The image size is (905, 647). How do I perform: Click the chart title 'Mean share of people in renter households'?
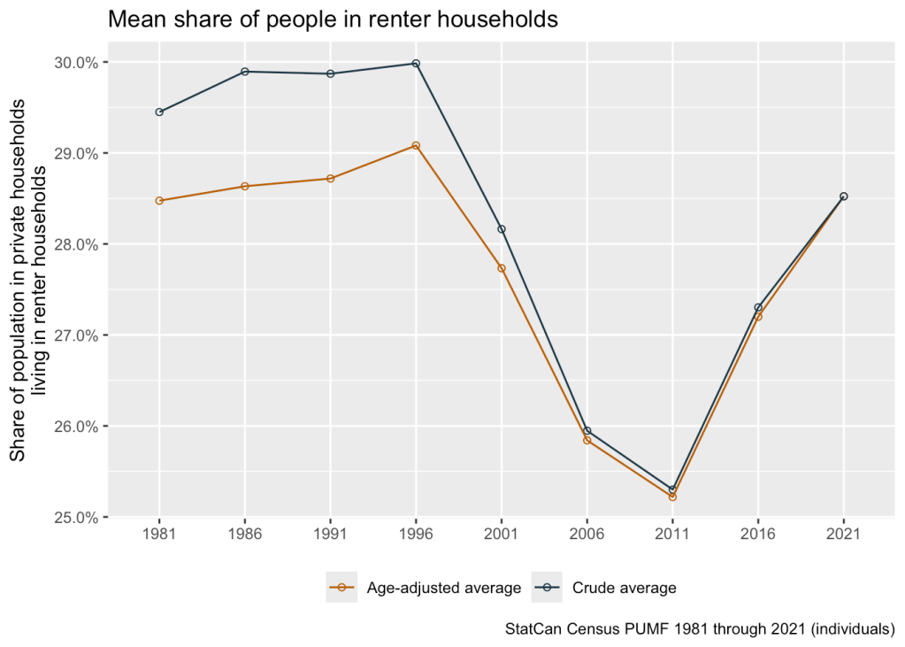tap(333, 19)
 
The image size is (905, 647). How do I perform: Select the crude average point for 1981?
tap(159, 112)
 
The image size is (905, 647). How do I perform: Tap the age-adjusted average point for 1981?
tap(159, 201)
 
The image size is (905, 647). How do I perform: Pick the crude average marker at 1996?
tap(416, 64)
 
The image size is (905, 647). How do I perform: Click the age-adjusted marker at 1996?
tap(416, 145)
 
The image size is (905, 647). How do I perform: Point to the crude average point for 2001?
tap(502, 229)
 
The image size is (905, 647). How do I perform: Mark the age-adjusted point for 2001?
tap(502, 268)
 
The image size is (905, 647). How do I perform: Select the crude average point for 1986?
tap(245, 72)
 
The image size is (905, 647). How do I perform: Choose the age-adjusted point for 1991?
tap(330, 179)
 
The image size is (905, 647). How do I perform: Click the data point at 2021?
tap(844, 196)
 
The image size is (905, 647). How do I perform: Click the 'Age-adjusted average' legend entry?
tap(425, 588)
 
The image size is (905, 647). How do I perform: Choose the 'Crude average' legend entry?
tap(610, 588)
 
